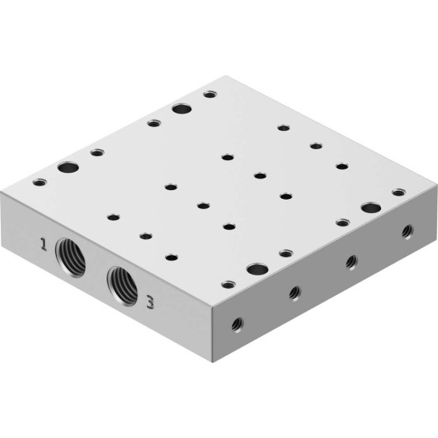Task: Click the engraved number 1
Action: [43, 244]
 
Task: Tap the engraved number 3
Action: [150, 302]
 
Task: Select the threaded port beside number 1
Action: [70, 257]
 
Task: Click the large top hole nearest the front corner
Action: [257, 269]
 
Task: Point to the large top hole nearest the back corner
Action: [182, 108]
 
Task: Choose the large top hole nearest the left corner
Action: [68, 167]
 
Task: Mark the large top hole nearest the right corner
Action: [371, 208]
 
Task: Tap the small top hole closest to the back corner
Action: [210, 95]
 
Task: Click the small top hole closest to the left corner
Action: [39, 182]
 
